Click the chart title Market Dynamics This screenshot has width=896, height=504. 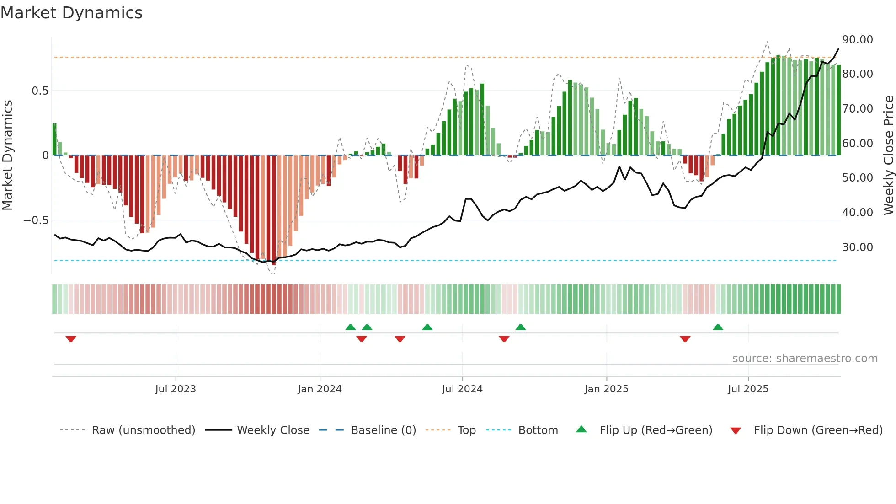click(71, 13)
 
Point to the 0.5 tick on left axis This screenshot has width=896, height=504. click(40, 91)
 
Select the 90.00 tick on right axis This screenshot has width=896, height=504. click(857, 40)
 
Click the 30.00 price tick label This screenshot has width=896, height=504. click(857, 247)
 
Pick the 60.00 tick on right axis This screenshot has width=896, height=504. click(857, 144)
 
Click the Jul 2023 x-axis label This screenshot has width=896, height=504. click(175, 389)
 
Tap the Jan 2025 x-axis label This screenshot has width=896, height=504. click(606, 389)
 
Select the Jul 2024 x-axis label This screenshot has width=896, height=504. click(462, 389)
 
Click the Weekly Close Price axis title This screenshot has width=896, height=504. click(888, 155)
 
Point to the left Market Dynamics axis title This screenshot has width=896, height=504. click(7, 155)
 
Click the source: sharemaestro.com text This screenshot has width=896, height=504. click(805, 359)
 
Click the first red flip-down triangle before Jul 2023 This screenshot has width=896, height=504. click(71, 339)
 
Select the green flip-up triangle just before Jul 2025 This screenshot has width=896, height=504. click(718, 327)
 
